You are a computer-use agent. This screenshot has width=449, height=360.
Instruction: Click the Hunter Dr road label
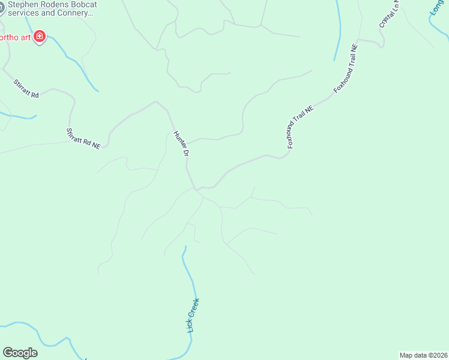click(181, 144)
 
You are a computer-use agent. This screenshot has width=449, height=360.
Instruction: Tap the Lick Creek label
click(193, 315)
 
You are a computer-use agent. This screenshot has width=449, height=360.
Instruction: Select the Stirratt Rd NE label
click(83, 138)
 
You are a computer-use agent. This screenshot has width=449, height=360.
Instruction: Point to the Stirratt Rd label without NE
click(26, 87)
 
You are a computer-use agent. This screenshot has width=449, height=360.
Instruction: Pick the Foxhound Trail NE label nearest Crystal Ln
click(346, 67)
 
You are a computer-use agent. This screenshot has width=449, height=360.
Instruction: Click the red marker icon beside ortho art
click(40, 37)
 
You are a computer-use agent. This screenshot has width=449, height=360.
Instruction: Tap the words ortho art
click(14, 37)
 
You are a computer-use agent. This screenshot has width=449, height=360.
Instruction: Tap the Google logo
click(20, 353)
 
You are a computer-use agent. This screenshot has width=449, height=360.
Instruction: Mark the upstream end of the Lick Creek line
click(185, 246)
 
